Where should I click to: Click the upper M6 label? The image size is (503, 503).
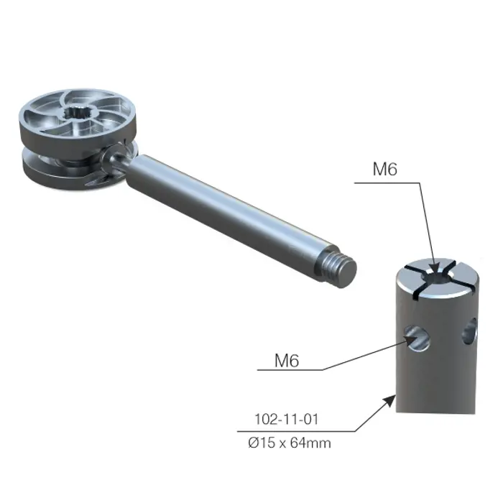pos(384,169)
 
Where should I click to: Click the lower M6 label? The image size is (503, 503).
pos(287,360)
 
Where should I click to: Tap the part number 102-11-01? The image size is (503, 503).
pos(286,419)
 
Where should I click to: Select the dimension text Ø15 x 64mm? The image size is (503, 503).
pos(290,443)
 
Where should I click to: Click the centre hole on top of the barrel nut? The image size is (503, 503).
pos(436,277)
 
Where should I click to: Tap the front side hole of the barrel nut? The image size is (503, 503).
pos(417,338)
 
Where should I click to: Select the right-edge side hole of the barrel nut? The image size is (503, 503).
pos(469,333)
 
